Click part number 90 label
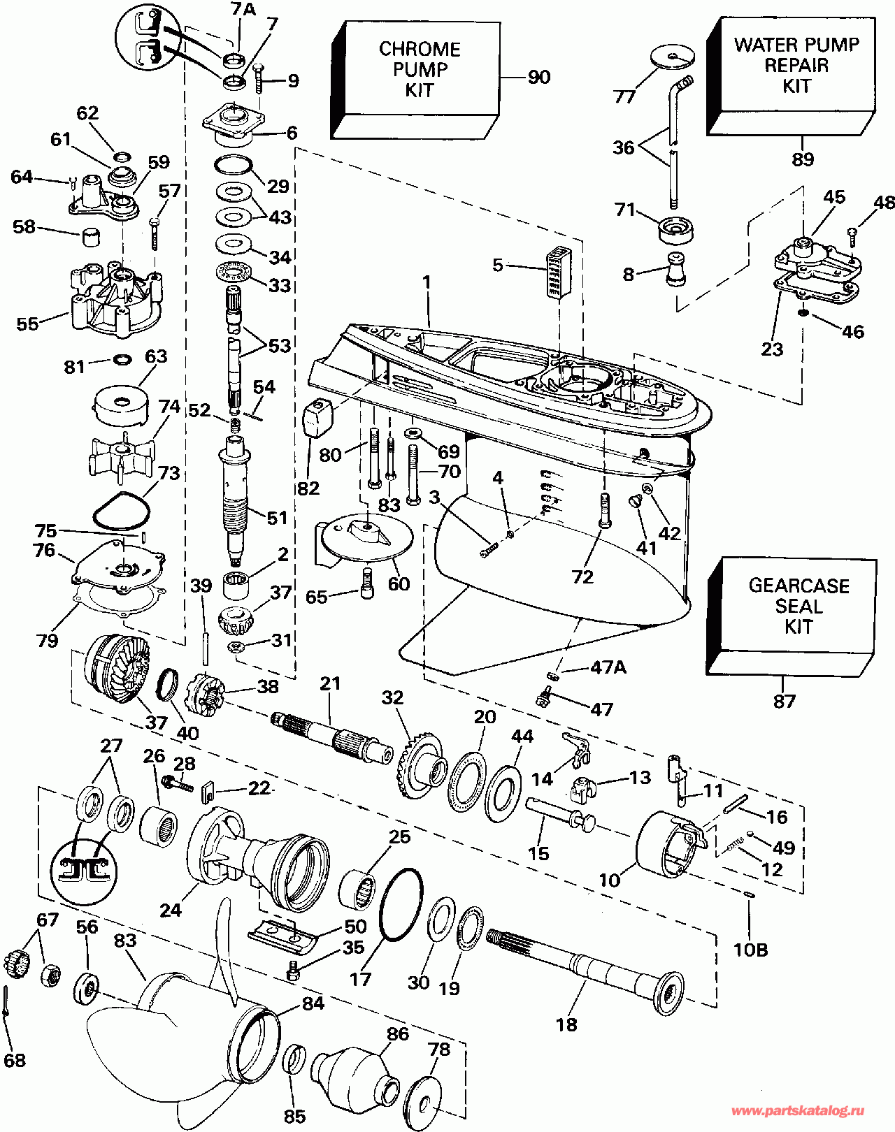(x=538, y=77)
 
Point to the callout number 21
(x=330, y=683)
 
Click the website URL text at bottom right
(x=798, y=1110)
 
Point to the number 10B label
(x=750, y=950)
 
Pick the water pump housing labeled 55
(x=115, y=297)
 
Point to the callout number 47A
(x=608, y=667)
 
